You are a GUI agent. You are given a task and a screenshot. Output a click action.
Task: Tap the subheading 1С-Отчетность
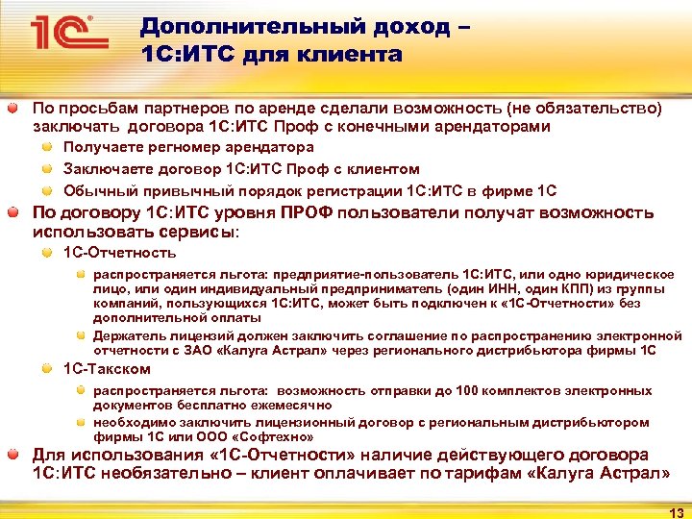(x=119, y=253)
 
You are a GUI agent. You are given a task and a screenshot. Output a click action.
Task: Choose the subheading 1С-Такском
(x=107, y=369)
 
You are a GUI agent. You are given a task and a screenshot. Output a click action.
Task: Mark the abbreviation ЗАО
(x=230, y=350)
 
